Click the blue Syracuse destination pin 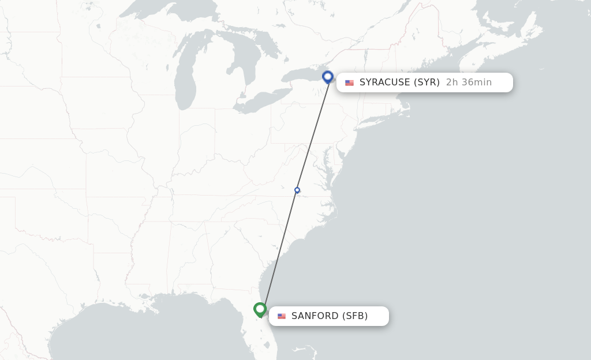pos(328,77)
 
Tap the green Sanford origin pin pos(260,310)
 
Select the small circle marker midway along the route pos(297,190)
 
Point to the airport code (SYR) pos(428,82)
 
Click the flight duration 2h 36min pos(469,82)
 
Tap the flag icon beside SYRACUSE pos(349,83)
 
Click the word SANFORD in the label pos(315,316)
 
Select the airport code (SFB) pos(355,316)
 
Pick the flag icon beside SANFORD pos(282,316)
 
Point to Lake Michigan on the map pos(186,75)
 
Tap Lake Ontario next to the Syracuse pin pos(303,74)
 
